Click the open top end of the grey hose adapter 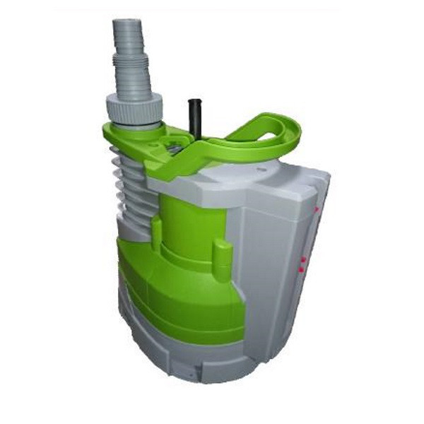128,25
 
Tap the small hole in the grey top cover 261,170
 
